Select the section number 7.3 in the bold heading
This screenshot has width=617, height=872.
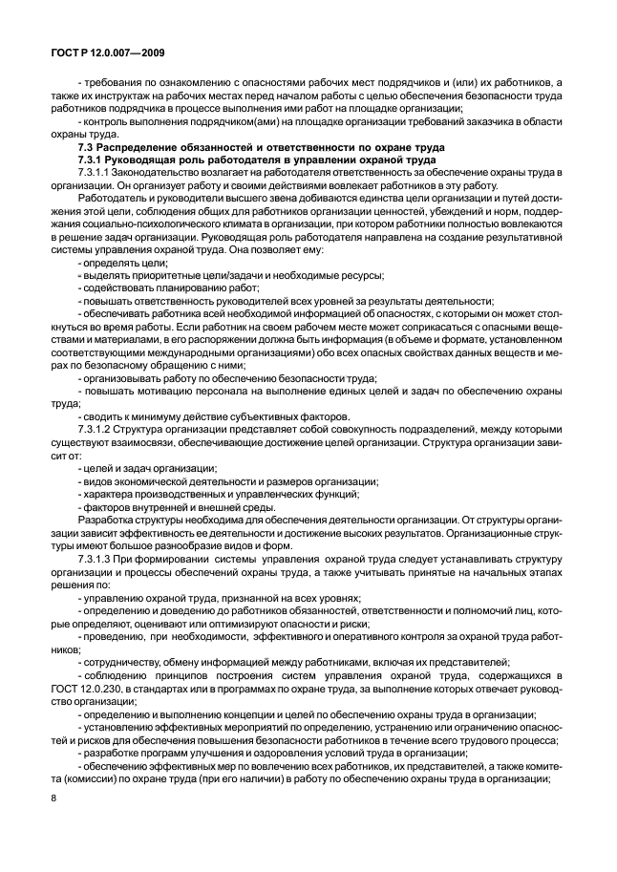(x=85, y=149)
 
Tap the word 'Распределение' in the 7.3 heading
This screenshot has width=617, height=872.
(x=137, y=149)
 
